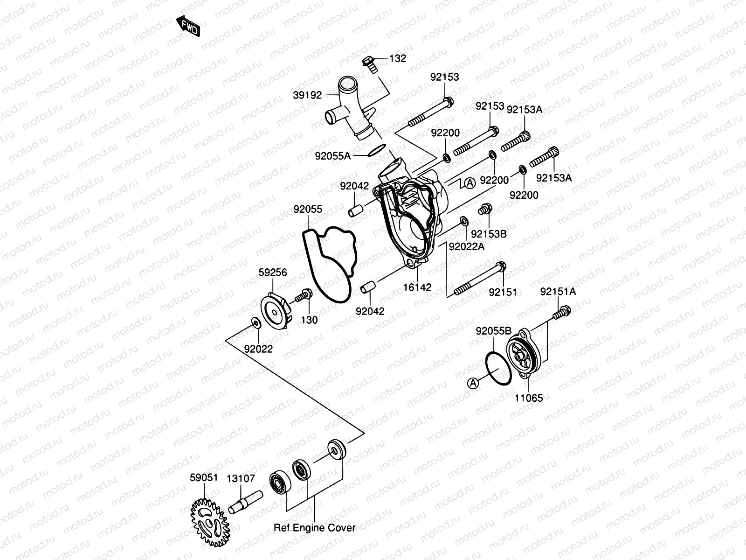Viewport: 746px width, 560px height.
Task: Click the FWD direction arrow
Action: point(188,26)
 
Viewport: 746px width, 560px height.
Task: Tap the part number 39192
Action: point(307,95)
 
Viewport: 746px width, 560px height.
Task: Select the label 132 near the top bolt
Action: point(398,58)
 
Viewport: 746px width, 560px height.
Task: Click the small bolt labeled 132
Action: point(369,64)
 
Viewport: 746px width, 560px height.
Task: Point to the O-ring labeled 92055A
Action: point(376,150)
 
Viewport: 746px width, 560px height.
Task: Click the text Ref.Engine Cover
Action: point(314,528)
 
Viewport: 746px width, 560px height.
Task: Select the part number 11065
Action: point(529,398)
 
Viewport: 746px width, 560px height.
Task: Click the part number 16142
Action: point(418,287)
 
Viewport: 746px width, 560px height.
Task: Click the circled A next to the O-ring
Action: point(473,383)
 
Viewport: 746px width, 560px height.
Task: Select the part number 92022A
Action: point(467,246)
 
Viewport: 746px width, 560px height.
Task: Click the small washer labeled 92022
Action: point(255,322)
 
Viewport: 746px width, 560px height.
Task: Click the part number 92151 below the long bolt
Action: point(503,292)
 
